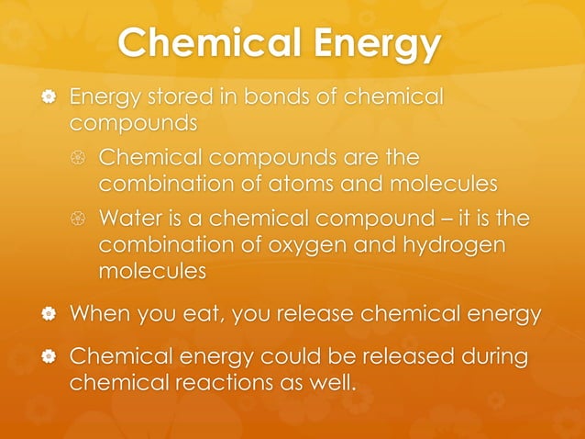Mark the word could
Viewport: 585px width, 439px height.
coord(274,355)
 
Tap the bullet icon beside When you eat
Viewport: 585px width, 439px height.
coord(38,314)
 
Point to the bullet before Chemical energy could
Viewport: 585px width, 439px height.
coord(38,356)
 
